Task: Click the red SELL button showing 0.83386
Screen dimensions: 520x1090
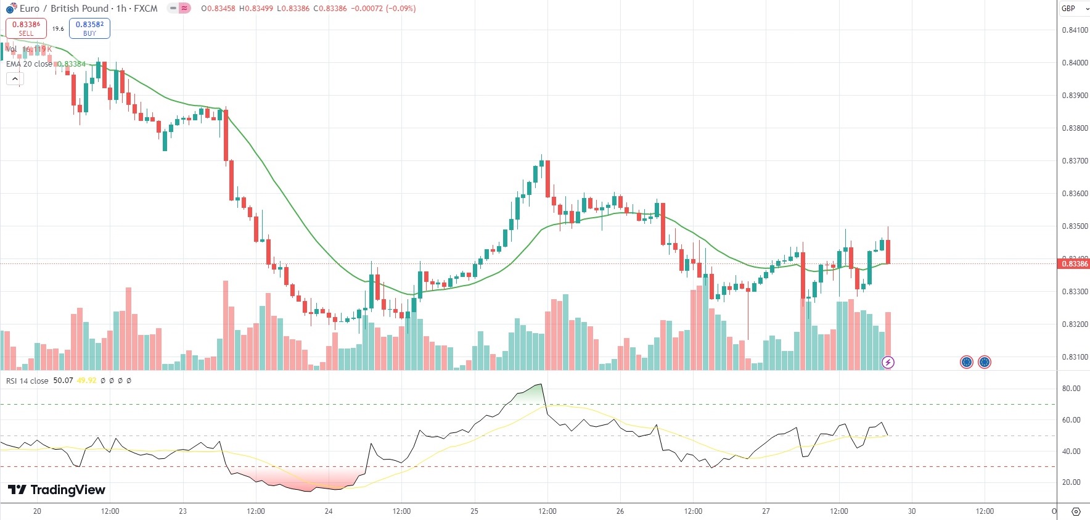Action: pyautogui.click(x=26, y=28)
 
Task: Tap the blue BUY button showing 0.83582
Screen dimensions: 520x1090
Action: pyautogui.click(x=89, y=28)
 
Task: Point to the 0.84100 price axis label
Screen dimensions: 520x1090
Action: pyautogui.click(x=1075, y=30)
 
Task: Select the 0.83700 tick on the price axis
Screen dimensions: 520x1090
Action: pyautogui.click(x=1075, y=161)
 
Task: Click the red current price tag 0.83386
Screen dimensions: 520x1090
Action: pyautogui.click(x=1074, y=264)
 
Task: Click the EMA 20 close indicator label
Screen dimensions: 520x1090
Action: pyautogui.click(x=29, y=64)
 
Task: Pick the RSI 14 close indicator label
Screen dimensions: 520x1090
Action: pyautogui.click(x=27, y=381)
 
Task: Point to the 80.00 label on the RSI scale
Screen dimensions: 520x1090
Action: pyautogui.click(x=1071, y=389)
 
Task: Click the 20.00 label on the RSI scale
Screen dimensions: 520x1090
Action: pyautogui.click(x=1071, y=482)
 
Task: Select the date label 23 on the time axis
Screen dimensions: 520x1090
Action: pyautogui.click(x=182, y=511)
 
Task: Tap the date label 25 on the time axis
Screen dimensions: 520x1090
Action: pyautogui.click(x=474, y=511)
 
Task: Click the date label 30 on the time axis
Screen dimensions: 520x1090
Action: pyautogui.click(x=912, y=511)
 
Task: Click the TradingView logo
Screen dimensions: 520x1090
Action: pyautogui.click(x=57, y=490)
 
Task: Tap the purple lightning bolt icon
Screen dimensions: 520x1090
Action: pyautogui.click(x=888, y=362)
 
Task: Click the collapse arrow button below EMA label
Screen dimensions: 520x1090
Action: pyautogui.click(x=15, y=79)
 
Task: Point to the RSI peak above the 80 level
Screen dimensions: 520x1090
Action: pyautogui.click(x=541, y=384)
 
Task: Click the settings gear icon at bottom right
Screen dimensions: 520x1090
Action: pyautogui.click(x=1076, y=511)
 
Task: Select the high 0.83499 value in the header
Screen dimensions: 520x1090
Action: pyautogui.click(x=256, y=9)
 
